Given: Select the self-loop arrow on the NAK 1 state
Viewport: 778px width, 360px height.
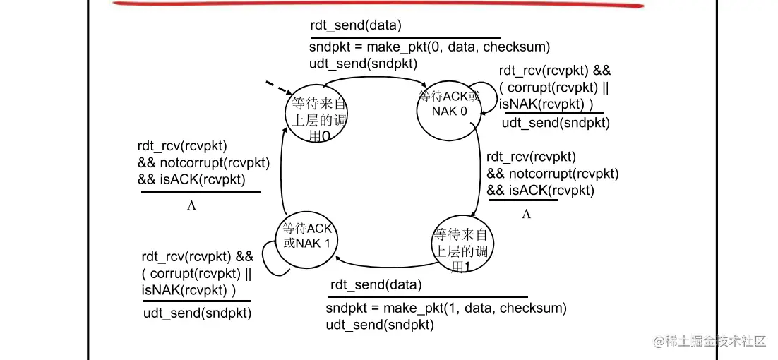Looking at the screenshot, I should click(x=271, y=258).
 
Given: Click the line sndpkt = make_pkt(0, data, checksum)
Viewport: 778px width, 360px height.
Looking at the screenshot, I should click(x=429, y=47).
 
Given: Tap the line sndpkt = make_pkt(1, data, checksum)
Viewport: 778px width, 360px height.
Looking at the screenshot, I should click(x=446, y=308).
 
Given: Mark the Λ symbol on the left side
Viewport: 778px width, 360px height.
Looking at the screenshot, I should click(x=191, y=205).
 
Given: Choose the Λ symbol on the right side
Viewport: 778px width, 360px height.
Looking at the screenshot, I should click(x=525, y=214).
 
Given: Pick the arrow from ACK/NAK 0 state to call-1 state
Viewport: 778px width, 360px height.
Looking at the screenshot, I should click(x=479, y=169).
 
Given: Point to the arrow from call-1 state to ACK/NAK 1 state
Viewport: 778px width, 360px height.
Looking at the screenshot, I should click(x=385, y=265).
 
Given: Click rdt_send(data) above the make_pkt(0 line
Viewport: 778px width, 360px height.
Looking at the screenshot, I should click(x=356, y=27).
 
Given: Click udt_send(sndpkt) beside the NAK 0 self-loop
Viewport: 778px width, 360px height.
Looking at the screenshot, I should click(x=556, y=123).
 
